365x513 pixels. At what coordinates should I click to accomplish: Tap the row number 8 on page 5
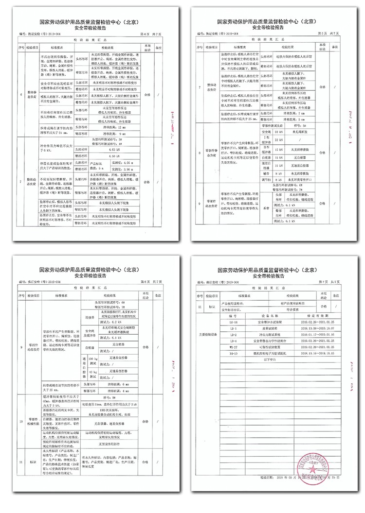(x=200, y=152)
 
